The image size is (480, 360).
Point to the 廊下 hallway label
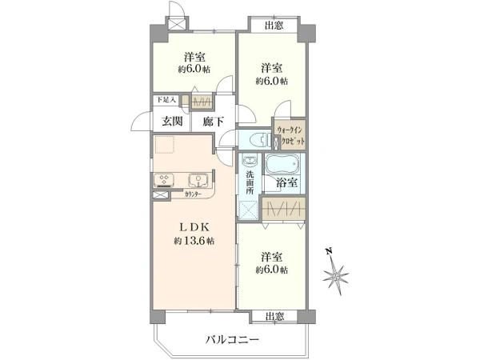coord(212,122)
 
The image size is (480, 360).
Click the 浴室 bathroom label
coord(286,183)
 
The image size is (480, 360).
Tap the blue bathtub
coord(279,166)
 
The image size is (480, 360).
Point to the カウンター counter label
coord(192,194)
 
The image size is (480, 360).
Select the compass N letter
coord(329,250)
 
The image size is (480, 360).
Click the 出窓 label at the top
coord(274,26)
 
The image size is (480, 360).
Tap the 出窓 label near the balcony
coord(274,315)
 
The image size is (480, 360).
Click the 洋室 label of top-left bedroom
coord(193,57)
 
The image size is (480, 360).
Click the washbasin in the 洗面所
coord(249,158)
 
